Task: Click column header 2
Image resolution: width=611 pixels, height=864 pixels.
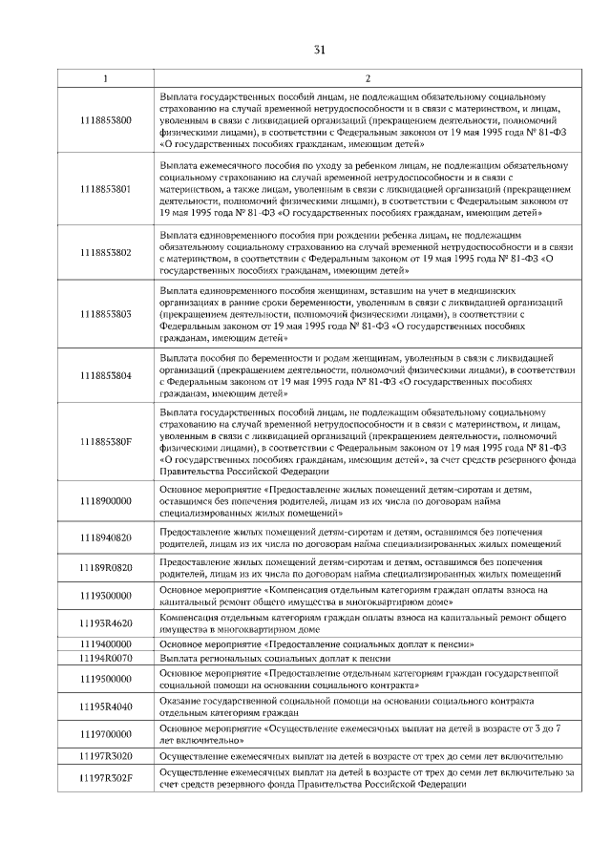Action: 368,78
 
